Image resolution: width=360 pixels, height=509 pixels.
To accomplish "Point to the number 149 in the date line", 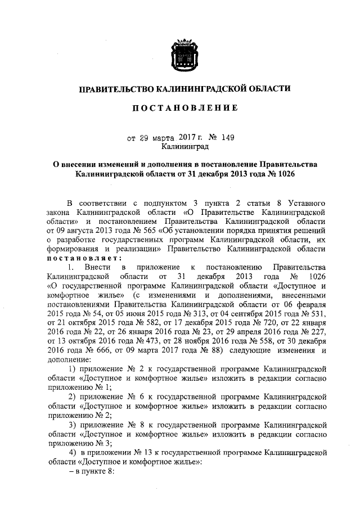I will tap(226, 136).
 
